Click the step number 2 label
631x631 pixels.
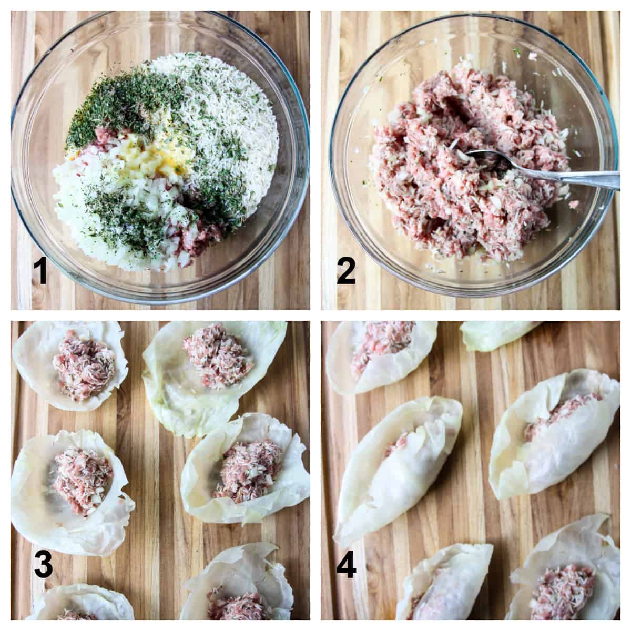coord(347,272)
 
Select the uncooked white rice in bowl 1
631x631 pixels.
coord(237,121)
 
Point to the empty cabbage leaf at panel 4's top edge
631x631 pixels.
coord(494,334)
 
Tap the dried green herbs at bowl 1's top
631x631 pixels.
coord(126,100)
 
